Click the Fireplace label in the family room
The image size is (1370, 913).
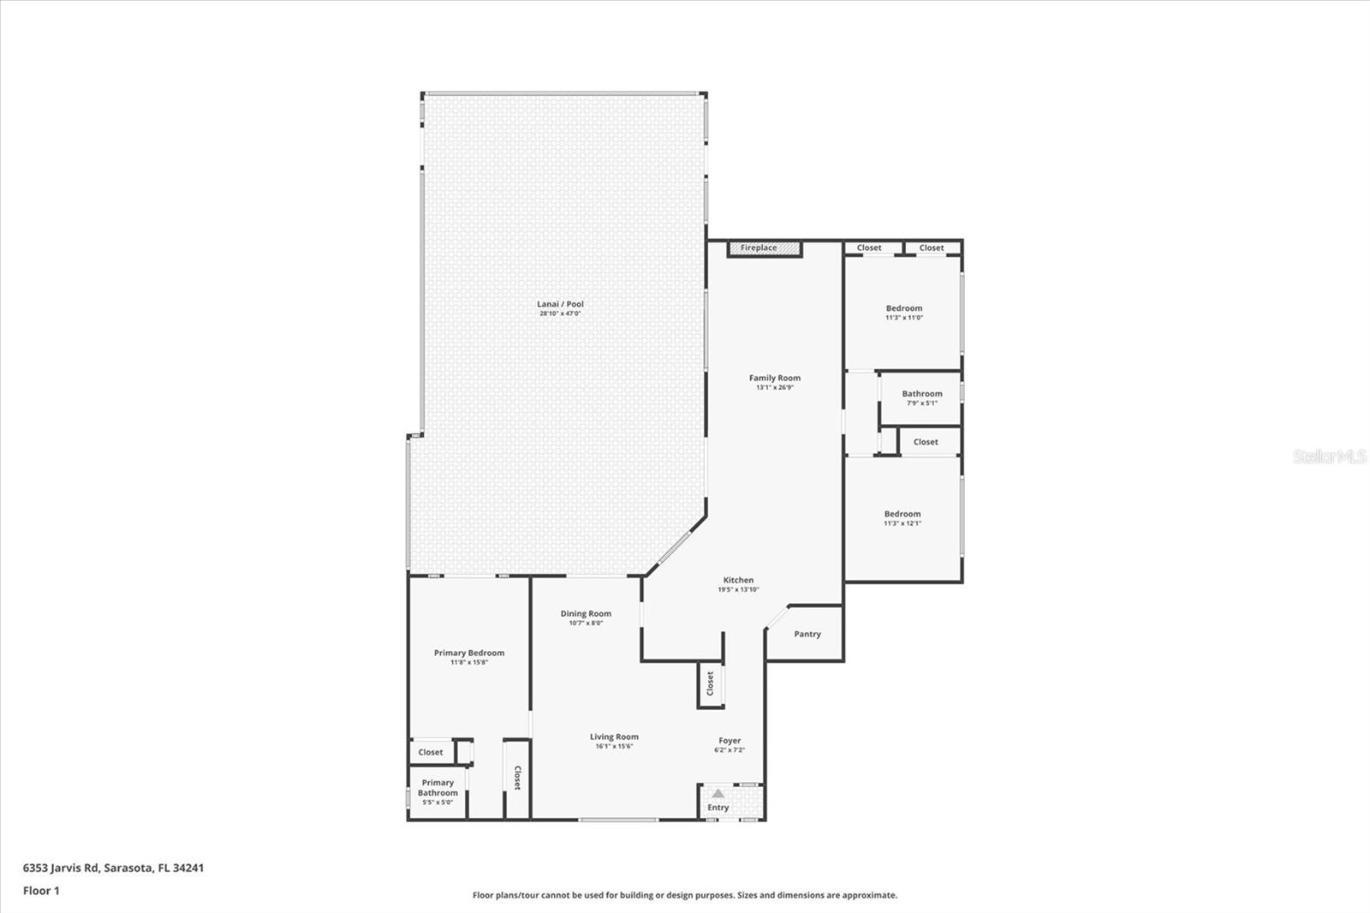(x=759, y=248)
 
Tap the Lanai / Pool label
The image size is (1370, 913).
(x=560, y=304)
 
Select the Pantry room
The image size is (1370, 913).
(x=807, y=635)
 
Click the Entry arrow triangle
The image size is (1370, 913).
(x=718, y=794)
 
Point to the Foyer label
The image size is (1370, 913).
(x=730, y=741)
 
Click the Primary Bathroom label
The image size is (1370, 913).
(x=438, y=788)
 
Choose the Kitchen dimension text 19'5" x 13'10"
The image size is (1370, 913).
(x=738, y=589)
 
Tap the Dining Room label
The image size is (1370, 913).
(x=586, y=613)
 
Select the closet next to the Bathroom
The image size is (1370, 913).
(x=926, y=442)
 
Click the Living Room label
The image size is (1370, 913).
(x=614, y=737)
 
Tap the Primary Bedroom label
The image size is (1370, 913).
(x=468, y=653)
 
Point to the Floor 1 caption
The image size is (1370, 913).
(x=41, y=891)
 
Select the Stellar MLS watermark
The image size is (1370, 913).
(x=1329, y=457)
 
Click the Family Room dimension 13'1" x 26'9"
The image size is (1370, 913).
(x=775, y=387)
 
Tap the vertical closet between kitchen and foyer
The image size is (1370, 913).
(x=710, y=684)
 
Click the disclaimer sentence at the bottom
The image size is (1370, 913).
(x=685, y=895)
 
